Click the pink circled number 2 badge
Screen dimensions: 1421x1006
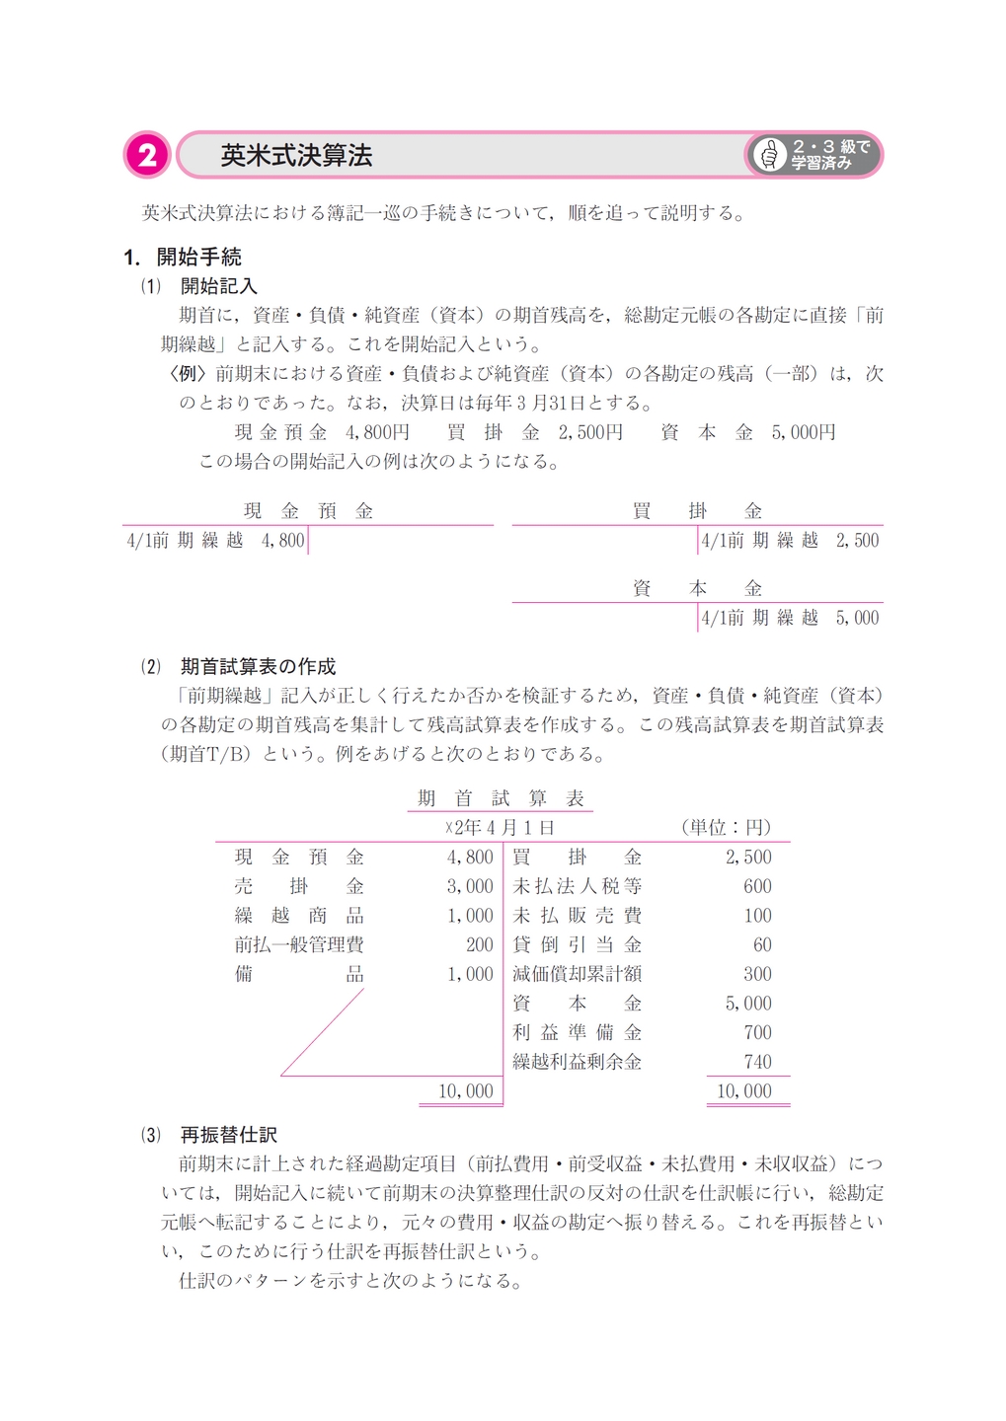click(147, 155)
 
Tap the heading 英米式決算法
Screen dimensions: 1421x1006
click(295, 156)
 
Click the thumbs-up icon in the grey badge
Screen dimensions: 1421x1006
click(769, 155)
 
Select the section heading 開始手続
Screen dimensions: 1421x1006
click(198, 258)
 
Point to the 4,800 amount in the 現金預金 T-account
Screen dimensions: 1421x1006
click(282, 540)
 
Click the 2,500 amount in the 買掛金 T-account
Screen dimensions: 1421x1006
click(856, 540)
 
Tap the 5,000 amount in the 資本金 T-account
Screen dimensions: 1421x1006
click(856, 618)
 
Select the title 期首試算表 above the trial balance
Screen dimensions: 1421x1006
click(501, 798)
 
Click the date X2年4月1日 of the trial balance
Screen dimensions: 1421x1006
click(500, 827)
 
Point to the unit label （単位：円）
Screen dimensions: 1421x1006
click(726, 827)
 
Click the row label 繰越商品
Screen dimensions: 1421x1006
click(299, 916)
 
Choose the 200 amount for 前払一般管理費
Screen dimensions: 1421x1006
click(479, 944)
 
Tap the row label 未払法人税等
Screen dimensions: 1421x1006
click(578, 886)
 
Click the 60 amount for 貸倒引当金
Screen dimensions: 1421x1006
click(761, 944)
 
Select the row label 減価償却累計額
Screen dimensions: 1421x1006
click(578, 974)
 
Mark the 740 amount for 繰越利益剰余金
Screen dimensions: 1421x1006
click(757, 1062)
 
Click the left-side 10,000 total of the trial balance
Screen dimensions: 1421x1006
click(465, 1090)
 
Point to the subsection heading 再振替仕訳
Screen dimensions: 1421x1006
click(228, 1135)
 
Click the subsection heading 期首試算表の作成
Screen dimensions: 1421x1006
click(258, 667)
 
